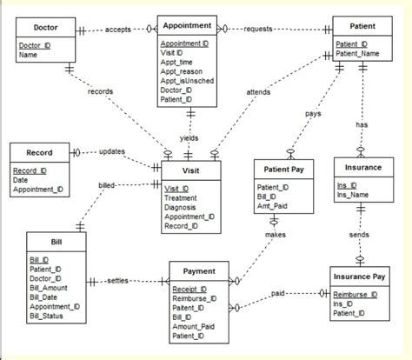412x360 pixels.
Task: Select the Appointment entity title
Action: point(186,26)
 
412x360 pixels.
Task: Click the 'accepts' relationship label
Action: point(118,30)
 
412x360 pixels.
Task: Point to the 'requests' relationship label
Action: point(258,30)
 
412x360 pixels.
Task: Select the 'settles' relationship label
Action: point(119,281)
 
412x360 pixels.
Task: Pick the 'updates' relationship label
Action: point(111,152)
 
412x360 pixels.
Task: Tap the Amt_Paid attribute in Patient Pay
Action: point(274,205)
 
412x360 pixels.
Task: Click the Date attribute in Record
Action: point(22,181)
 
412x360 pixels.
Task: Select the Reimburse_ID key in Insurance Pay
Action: point(357,295)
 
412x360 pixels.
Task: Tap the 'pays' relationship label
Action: point(315,114)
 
